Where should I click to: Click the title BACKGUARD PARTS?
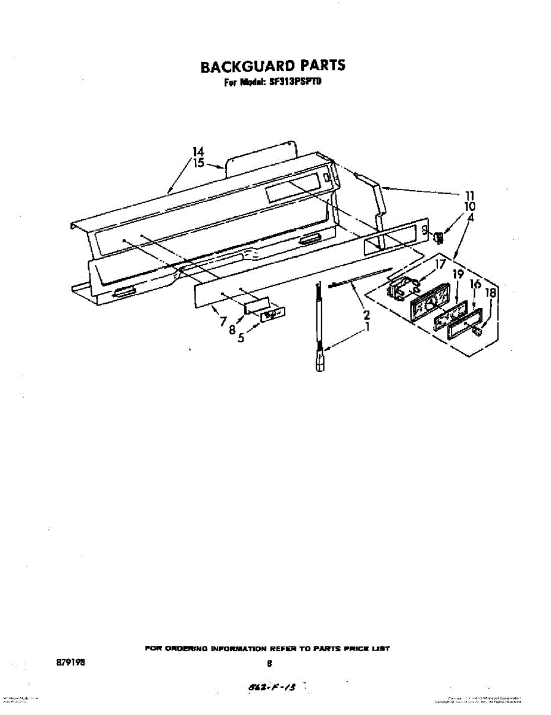272,66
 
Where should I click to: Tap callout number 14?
198,152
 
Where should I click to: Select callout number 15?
198,163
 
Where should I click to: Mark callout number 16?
475,284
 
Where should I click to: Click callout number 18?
491,293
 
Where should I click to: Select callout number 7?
223,322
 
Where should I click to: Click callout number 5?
241,338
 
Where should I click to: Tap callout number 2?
366,315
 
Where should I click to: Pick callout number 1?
368,327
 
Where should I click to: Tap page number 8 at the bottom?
270,663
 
